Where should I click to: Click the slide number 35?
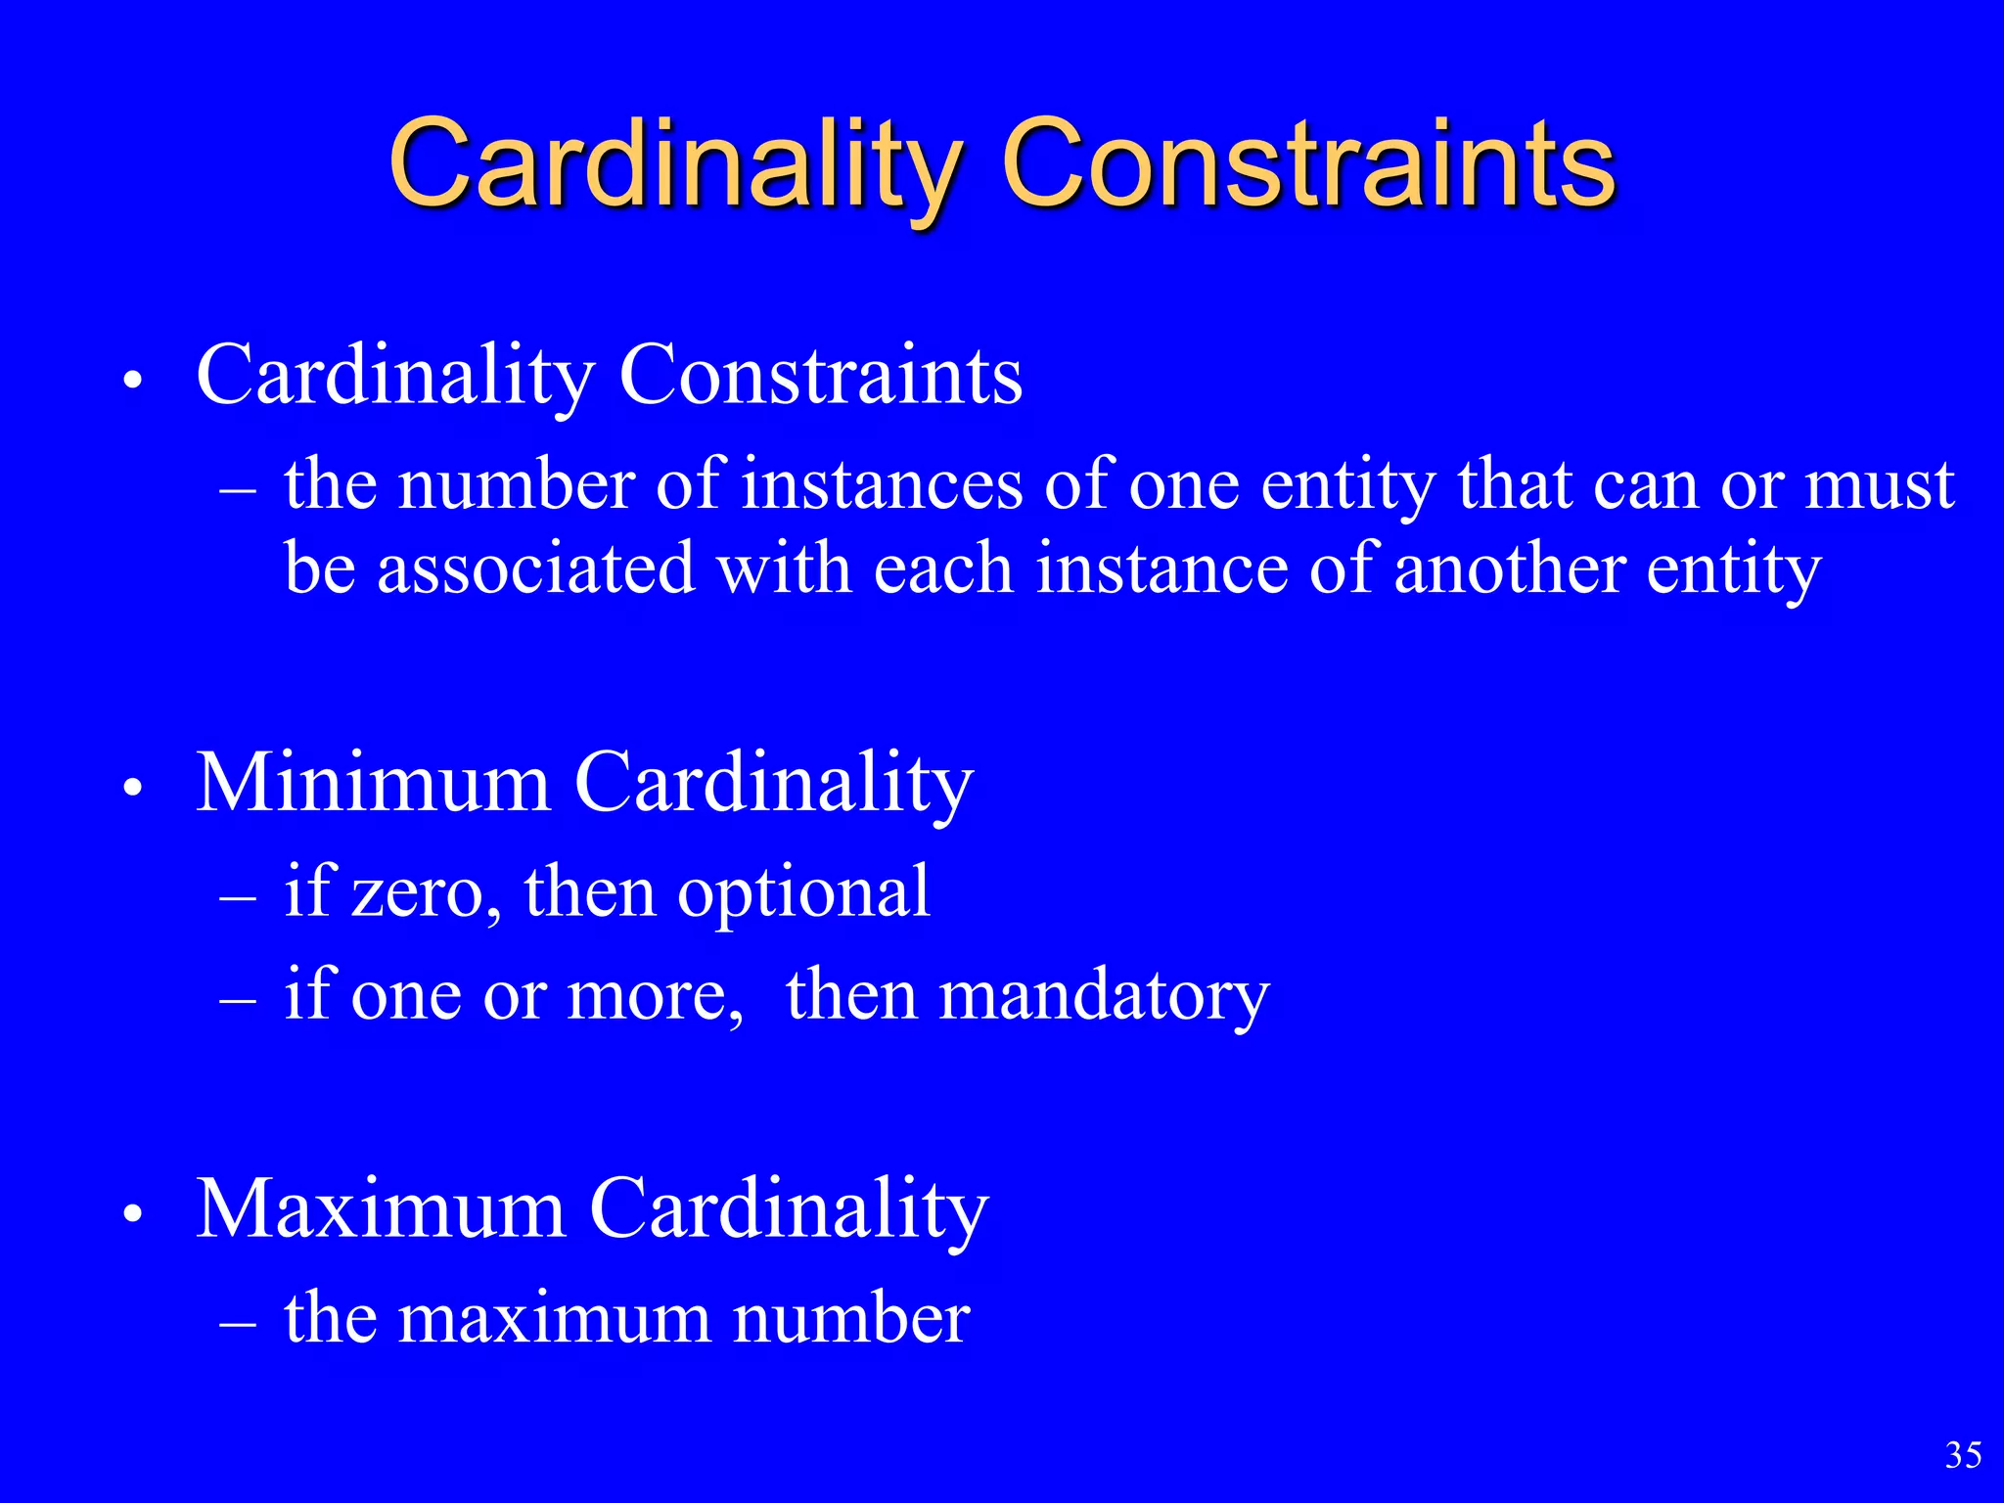click(1963, 1455)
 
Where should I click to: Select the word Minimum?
click(374, 783)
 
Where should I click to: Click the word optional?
click(803, 891)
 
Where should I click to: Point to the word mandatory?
click(1104, 995)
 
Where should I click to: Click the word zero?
click(418, 893)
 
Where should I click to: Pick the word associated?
click(536, 569)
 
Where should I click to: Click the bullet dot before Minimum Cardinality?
click(134, 787)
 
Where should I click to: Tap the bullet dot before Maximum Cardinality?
click(134, 1213)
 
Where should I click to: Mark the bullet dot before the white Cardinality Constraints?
click(134, 380)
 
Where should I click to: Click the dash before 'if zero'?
click(239, 895)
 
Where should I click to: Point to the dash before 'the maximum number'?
click(239, 1322)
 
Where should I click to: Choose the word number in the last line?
click(851, 1318)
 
